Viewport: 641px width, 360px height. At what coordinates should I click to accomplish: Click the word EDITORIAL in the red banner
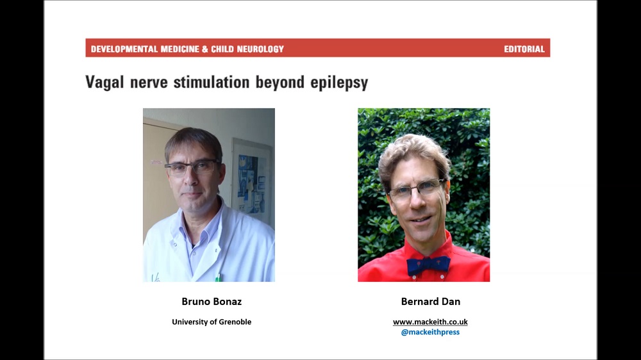click(524, 49)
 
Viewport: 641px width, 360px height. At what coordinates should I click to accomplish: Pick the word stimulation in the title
click(212, 82)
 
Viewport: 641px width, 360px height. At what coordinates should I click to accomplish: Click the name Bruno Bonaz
click(212, 302)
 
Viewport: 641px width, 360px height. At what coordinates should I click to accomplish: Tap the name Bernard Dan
click(431, 302)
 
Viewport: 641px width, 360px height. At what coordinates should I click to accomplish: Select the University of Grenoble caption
click(212, 322)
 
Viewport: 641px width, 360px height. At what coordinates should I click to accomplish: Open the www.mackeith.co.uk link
click(430, 322)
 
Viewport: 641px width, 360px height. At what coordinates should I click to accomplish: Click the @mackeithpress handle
click(430, 332)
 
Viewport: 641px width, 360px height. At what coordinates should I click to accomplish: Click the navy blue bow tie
click(428, 265)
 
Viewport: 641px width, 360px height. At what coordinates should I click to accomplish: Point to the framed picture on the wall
click(251, 178)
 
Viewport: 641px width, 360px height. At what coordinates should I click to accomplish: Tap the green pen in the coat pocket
click(219, 277)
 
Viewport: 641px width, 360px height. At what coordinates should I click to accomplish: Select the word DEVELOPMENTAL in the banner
click(124, 49)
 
